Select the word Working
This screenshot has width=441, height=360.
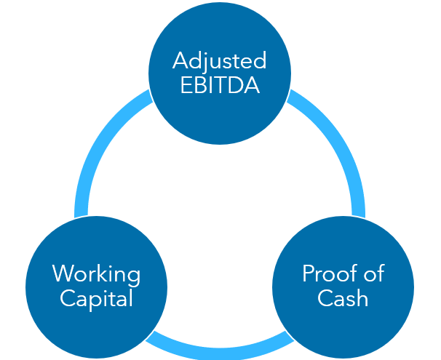(x=96, y=275)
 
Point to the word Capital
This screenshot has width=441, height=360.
(x=96, y=299)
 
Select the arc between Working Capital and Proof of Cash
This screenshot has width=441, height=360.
(x=220, y=343)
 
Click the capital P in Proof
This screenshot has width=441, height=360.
(x=308, y=274)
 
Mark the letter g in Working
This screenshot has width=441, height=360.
(x=133, y=277)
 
